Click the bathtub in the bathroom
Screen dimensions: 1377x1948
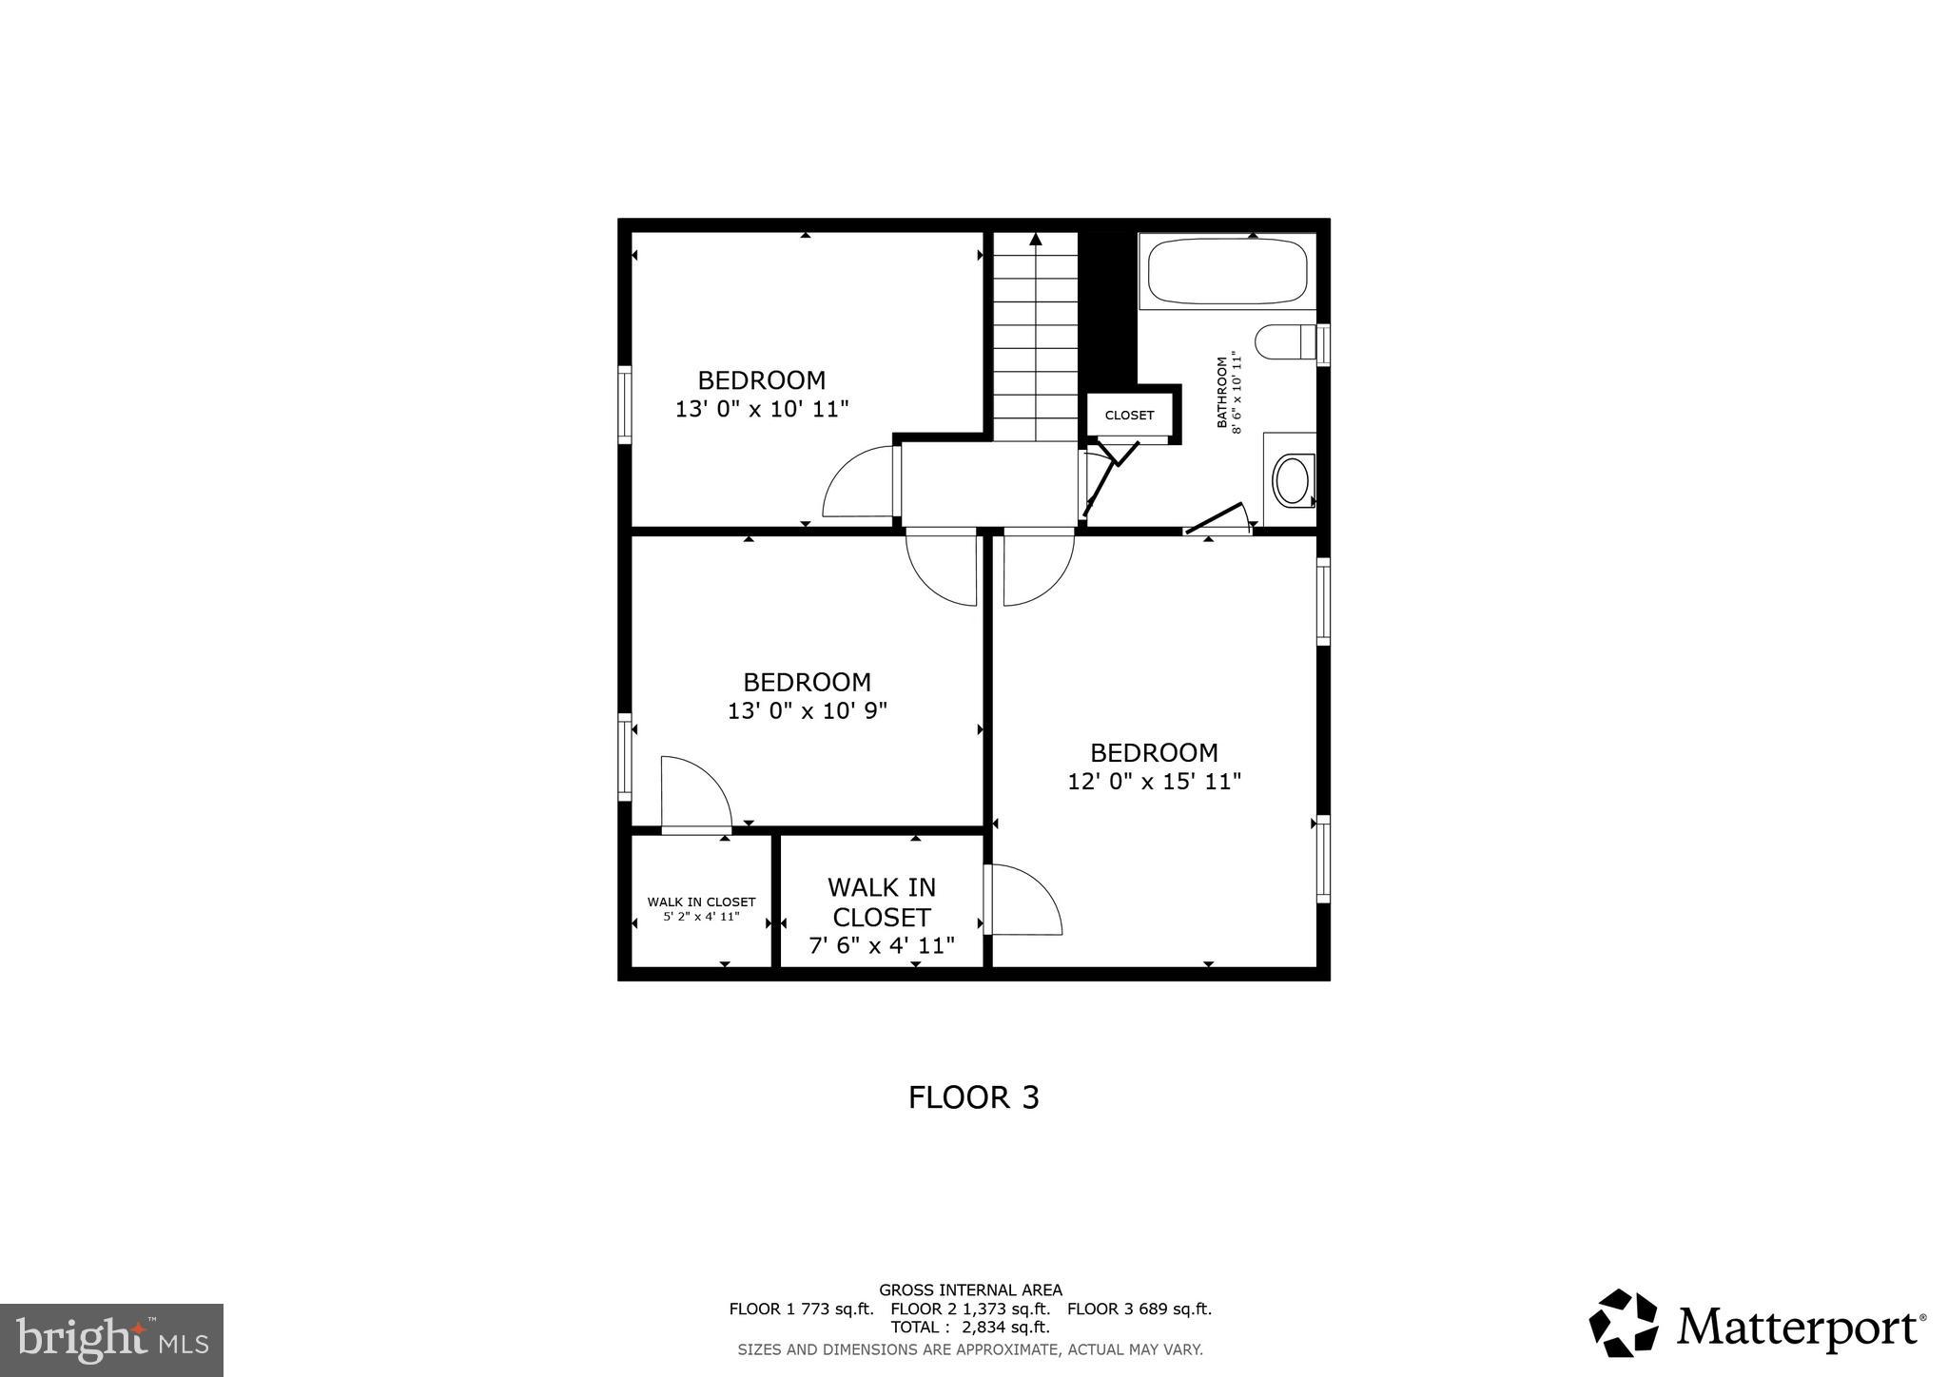1227,271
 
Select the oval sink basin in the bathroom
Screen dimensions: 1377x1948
1292,481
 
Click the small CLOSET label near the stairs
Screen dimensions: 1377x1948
1129,416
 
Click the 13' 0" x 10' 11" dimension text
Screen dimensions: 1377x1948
761,409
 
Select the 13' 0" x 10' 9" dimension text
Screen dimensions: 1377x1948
807,711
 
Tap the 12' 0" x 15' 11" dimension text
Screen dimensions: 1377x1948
1154,782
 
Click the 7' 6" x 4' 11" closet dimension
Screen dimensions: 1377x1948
881,945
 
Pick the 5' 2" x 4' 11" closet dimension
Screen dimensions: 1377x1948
701,917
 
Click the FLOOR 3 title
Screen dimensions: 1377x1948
973,1097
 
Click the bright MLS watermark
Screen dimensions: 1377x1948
111,1341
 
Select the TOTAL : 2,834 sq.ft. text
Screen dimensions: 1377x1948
969,1328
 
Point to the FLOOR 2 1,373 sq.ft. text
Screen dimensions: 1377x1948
970,1309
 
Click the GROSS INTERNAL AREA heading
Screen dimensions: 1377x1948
970,1290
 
